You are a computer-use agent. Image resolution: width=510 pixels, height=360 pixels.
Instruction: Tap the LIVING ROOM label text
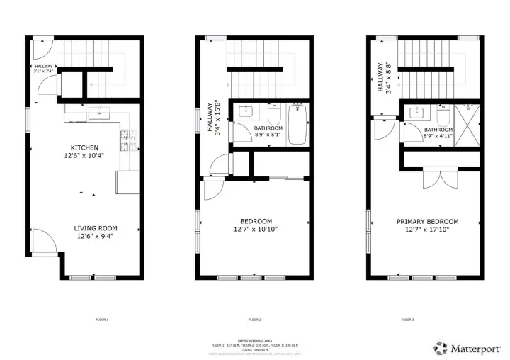[96, 228]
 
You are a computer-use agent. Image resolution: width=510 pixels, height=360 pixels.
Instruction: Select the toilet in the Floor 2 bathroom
[274, 114]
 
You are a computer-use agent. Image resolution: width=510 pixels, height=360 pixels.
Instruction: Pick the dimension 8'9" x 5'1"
[268, 135]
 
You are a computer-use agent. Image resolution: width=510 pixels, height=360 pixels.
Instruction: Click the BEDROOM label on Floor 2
[255, 221]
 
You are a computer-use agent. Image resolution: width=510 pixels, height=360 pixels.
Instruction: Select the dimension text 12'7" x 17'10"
[426, 229]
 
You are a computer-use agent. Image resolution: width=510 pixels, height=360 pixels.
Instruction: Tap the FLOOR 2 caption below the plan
[255, 320]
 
